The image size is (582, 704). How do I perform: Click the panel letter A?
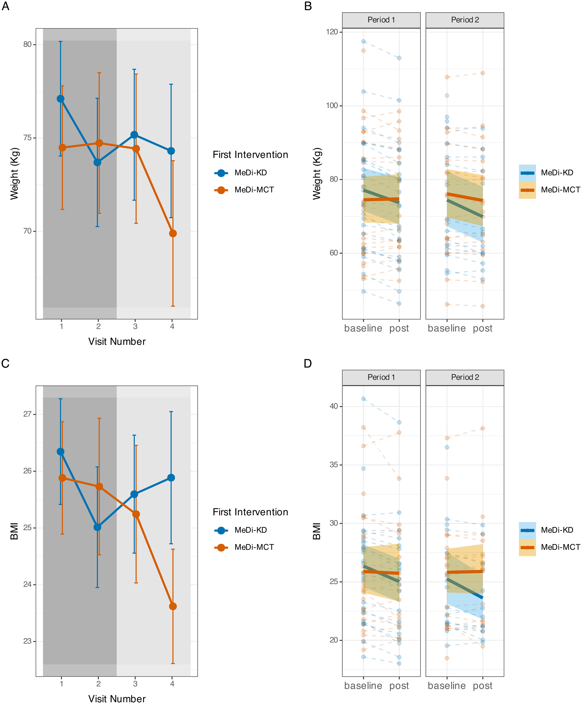[x=5, y=6]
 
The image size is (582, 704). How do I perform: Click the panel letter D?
[x=308, y=363]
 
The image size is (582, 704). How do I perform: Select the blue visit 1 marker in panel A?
[x=61, y=99]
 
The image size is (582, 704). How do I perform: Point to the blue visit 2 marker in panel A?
[x=98, y=163]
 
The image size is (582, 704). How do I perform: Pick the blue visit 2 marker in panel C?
[x=98, y=527]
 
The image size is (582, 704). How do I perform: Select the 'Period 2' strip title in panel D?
[x=465, y=377]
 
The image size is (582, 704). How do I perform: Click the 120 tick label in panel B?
[x=332, y=32]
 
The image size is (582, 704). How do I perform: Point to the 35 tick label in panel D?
[x=334, y=465]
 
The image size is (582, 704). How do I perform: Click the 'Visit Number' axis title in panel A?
[x=117, y=342]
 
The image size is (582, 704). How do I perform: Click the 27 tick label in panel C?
[x=28, y=414]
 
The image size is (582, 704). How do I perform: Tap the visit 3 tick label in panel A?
[x=135, y=326]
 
